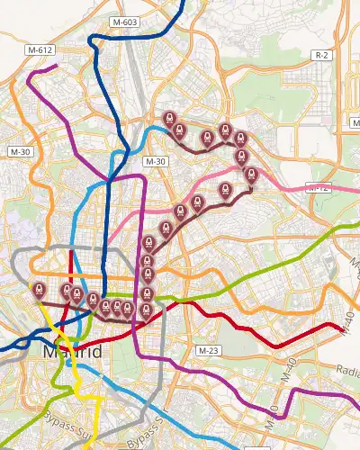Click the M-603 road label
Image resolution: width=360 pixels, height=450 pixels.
(125, 21)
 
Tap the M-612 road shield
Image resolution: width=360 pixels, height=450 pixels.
(39, 50)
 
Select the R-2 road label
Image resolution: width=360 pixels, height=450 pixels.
(322, 56)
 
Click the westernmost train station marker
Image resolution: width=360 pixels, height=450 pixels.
(37, 290)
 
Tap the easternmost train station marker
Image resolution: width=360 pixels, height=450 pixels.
(251, 175)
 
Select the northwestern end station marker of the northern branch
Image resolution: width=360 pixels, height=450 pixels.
(168, 119)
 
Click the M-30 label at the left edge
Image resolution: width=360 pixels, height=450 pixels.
(20, 153)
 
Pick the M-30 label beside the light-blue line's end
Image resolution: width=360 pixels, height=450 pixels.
(156, 161)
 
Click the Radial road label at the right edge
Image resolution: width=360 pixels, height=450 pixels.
(347, 369)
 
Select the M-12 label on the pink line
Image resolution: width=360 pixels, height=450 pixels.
(317, 188)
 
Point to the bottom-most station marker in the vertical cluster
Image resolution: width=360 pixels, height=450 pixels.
(146, 311)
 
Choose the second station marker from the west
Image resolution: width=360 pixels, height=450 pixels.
(67, 291)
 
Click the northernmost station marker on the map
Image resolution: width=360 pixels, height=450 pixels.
(168, 119)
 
